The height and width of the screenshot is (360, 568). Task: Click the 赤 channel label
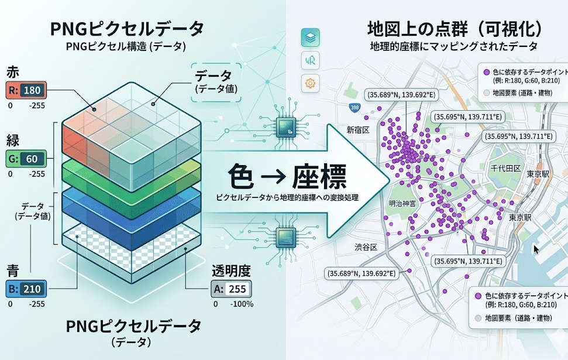pos(13,72)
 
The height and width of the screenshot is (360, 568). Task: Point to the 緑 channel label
pos(13,141)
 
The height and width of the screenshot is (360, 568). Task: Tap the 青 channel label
pos(13,270)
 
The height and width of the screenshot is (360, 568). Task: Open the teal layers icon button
pos(310,37)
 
